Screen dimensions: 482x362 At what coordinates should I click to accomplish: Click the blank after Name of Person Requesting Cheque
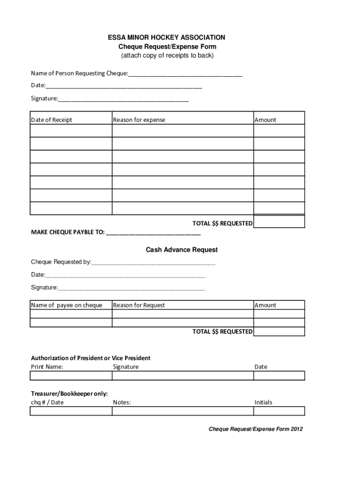click(x=185, y=73)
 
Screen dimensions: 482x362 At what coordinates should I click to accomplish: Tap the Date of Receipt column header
click(x=52, y=120)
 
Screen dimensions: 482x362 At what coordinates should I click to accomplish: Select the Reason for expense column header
click(x=139, y=120)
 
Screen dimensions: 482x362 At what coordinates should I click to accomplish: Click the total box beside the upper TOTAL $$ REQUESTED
click(x=279, y=222)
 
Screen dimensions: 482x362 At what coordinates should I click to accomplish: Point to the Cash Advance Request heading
click(x=181, y=249)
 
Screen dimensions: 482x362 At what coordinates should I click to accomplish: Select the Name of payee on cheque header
click(x=67, y=305)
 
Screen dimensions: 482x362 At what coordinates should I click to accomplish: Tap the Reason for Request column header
click(x=139, y=305)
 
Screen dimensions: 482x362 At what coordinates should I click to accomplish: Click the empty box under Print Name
click(x=71, y=376)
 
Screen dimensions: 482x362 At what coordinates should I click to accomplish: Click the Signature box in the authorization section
click(x=183, y=376)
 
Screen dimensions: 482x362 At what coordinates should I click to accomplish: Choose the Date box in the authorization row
click(x=279, y=376)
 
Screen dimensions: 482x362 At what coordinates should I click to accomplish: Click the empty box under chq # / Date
click(x=71, y=411)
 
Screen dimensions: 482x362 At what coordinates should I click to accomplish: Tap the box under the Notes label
click(x=183, y=411)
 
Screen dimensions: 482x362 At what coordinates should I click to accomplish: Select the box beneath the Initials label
click(x=279, y=411)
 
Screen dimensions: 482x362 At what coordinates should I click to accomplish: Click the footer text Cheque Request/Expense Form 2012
click(x=256, y=429)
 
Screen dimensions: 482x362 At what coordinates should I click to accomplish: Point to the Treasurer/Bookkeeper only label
click(x=70, y=394)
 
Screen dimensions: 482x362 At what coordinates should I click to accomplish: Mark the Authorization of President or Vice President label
click(x=91, y=358)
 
